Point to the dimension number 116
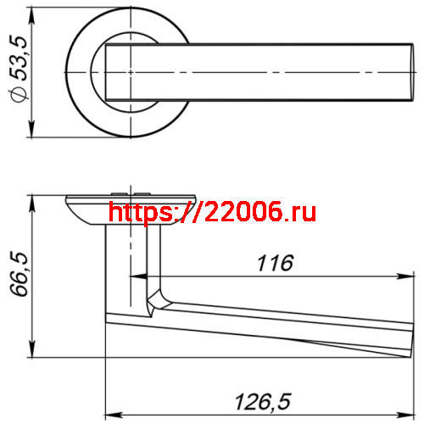click(x=275, y=263)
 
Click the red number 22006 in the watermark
click(x=241, y=211)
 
